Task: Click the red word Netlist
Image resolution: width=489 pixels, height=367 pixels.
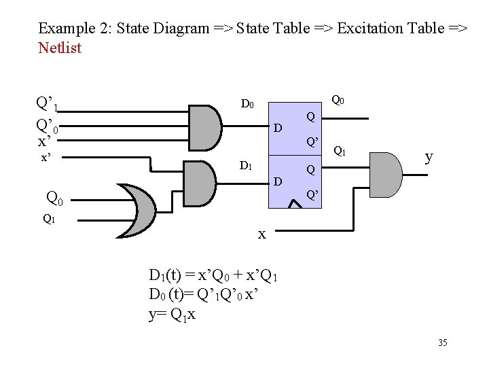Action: (x=60, y=48)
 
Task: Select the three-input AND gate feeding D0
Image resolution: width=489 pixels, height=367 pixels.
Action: (x=204, y=127)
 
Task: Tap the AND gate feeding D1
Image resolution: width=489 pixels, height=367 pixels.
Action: (x=201, y=182)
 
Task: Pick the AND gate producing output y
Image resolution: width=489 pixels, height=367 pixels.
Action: (x=384, y=175)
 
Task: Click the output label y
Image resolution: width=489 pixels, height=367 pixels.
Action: (x=429, y=157)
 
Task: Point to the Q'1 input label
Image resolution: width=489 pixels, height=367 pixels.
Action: (x=48, y=105)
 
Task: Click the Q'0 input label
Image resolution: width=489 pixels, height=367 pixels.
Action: (x=48, y=126)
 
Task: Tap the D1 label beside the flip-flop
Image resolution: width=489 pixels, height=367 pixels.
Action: (x=247, y=167)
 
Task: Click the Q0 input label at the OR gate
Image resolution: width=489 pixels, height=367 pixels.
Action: (x=54, y=198)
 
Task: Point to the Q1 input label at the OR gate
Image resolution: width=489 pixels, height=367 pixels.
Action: (x=49, y=219)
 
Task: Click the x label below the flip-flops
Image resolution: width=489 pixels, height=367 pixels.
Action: (x=261, y=234)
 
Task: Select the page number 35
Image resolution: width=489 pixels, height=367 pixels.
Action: (x=442, y=343)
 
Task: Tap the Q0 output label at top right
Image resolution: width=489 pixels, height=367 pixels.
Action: (x=338, y=100)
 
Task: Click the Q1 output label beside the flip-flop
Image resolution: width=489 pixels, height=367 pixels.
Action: (x=340, y=152)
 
